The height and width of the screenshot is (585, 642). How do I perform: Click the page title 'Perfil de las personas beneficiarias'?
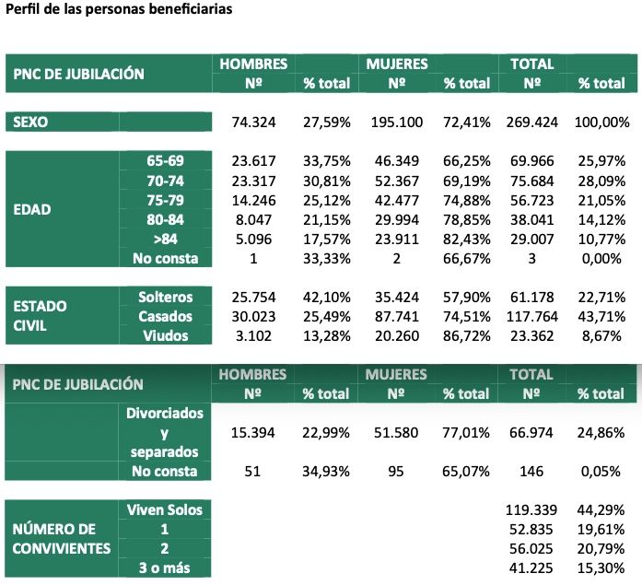[119, 10]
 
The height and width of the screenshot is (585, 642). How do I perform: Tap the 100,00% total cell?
[601, 121]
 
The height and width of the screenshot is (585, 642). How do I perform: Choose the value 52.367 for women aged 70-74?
[397, 180]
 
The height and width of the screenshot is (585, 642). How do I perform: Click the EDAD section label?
[32, 208]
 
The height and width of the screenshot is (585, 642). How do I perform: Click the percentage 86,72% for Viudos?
[466, 335]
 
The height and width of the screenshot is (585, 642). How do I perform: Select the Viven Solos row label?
[164, 509]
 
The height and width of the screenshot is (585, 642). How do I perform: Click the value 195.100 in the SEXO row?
[397, 121]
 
